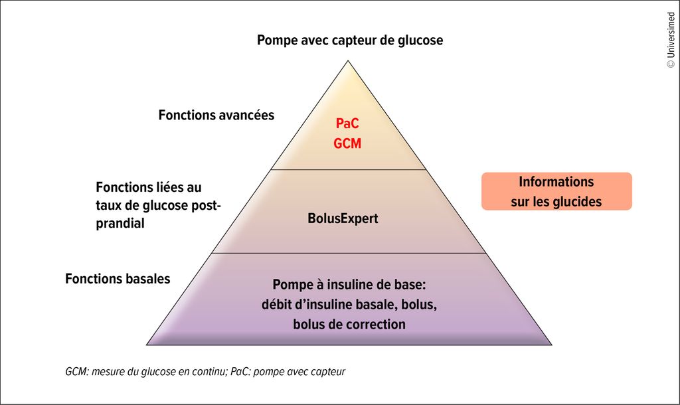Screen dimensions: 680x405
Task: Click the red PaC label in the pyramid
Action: pyautogui.click(x=347, y=123)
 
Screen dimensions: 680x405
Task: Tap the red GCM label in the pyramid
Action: pyautogui.click(x=347, y=143)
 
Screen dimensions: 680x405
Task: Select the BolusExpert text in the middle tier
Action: pyautogui.click(x=343, y=218)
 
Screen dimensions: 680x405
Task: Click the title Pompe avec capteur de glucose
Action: pyautogui.click(x=350, y=40)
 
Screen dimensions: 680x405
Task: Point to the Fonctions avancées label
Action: pyautogui.click(x=216, y=115)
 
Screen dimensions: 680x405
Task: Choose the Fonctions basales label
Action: pyautogui.click(x=118, y=278)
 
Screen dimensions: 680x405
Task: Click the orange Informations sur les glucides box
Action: pyautogui.click(x=556, y=191)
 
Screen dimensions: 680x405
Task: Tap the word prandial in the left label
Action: pyautogui.click(x=120, y=224)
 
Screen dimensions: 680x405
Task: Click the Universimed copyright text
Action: pyautogui.click(x=671, y=40)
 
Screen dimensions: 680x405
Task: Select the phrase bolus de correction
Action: pyautogui.click(x=349, y=325)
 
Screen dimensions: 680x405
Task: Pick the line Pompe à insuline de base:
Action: pyautogui.click(x=349, y=285)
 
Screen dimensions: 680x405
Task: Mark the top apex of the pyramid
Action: pyautogui.click(x=348, y=60)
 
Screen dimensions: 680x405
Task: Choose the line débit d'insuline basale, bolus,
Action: pyautogui.click(x=349, y=304)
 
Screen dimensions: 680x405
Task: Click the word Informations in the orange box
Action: pyautogui.click(x=556, y=182)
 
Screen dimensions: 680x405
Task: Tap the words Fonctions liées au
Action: pyautogui.click(x=148, y=187)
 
